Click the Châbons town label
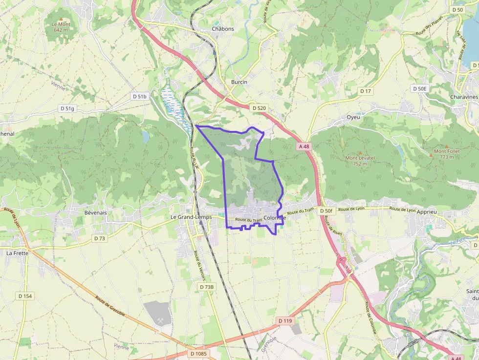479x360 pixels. (x=223, y=29)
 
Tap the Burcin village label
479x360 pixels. (x=239, y=82)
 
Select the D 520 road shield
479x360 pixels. (x=259, y=108)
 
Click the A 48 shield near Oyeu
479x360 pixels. (x=304, y=147)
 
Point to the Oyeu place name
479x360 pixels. (x=353, y=117)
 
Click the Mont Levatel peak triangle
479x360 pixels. (x=361, y=152)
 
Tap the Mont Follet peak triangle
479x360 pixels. (x=446, y=146)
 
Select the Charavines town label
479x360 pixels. (x=464, y=97)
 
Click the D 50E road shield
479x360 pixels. (x=419, y=88)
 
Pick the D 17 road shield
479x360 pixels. (x=366, y=91)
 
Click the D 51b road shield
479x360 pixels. (x=139, y=97)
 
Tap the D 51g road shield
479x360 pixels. (x=67, y=108)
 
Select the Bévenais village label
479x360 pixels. (x=95, y=213)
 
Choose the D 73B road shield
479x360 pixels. (x=207, y=287)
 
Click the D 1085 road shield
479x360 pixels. (x=198, y=354)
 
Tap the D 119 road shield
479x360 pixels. (x=285, y=321)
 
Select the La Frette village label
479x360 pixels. (x=17, y=253)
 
